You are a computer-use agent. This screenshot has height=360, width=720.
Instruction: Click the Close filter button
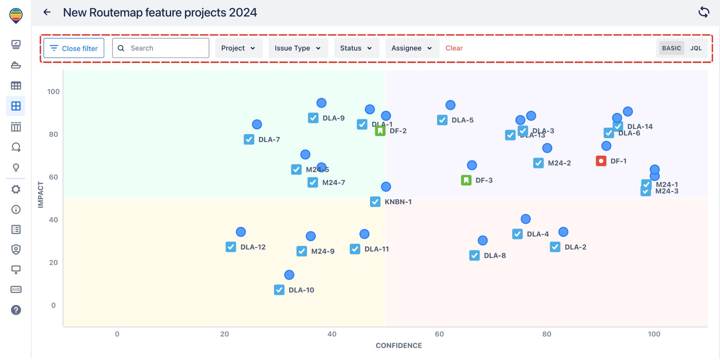74,48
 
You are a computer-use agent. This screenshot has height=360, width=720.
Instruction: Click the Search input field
165,48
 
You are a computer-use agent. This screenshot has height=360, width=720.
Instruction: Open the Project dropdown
238,48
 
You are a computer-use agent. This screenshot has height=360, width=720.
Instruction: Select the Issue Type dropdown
298,48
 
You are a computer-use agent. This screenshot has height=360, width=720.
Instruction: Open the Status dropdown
356,48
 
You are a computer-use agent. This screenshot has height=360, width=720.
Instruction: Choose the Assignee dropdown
412,48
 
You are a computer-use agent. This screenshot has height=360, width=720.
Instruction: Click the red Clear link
454,48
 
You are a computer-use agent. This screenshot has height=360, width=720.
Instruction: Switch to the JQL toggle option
696,48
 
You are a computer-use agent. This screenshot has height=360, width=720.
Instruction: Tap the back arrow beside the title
47,12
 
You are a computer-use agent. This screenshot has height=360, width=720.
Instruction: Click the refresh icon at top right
703,12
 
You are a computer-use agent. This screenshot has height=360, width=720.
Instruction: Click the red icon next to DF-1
601,161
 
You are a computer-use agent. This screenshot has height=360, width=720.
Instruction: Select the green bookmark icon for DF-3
466,180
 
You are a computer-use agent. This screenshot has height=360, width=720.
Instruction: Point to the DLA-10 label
301,290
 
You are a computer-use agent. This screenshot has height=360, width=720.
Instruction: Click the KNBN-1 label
398,202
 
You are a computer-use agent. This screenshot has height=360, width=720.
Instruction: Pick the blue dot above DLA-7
257,124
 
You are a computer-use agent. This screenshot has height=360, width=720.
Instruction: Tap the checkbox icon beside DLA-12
231,247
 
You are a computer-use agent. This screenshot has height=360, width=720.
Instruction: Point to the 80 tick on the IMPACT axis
53,134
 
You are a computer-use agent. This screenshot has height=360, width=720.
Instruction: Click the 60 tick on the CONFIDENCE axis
439,334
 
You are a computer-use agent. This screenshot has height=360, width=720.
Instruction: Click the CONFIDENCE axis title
399,346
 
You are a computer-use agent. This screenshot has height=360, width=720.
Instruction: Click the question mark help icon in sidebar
16,310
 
